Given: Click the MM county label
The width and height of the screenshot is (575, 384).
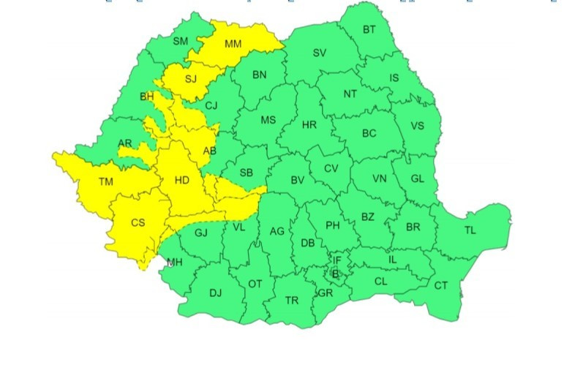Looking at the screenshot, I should [x=233, y=45].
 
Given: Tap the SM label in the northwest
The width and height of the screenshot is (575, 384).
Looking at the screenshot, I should [x=181, y=41].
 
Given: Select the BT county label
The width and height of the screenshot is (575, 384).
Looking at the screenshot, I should [x=369, y=30].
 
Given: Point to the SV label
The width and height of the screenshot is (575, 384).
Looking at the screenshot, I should [x=320, y=53].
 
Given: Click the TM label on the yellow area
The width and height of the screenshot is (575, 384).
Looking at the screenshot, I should [x=106, y=181].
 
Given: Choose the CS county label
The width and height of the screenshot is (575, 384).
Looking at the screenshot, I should [x=138, y=222].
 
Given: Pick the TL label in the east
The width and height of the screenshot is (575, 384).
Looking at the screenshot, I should [x=470, y=230].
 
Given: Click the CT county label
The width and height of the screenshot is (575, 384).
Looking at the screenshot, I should [x=441, y=285].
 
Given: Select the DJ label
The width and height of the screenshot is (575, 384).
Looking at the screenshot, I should [x=215, y=293].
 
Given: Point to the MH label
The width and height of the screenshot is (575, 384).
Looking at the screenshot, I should [x=175, y=263].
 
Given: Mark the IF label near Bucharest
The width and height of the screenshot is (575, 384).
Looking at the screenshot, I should [x=337, y=260].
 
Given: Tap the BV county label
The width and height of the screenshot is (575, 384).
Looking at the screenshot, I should [x=297, y=180].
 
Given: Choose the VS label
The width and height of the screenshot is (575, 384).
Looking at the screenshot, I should [x=417, y=126].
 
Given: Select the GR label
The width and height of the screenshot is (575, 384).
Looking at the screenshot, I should [x=326, y=293].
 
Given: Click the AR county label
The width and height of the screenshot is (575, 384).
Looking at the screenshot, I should [x=125, y=143].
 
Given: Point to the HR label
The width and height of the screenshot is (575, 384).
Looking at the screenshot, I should [x=309, y=125].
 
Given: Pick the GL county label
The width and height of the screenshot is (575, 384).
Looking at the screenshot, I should [x=417, y=179].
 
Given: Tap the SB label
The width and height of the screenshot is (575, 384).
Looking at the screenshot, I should [x=246, y=173].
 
